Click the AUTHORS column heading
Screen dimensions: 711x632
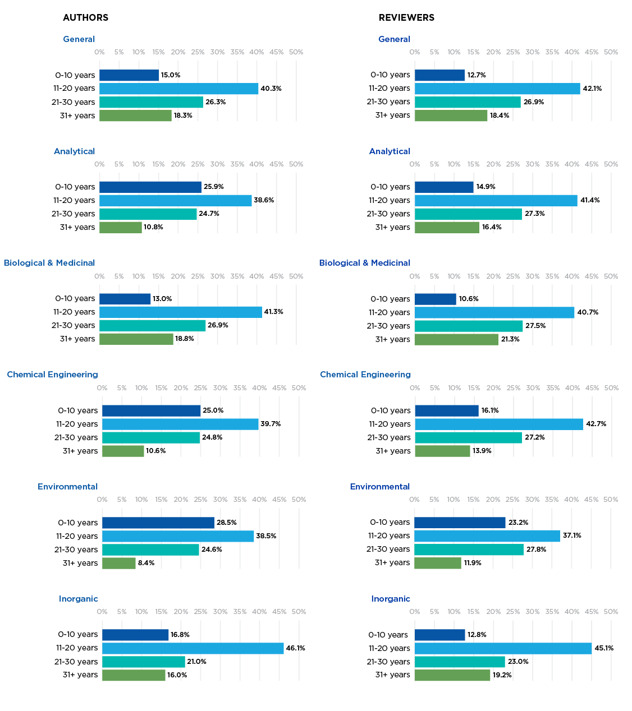(x=85, y=17)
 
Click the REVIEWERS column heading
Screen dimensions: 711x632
(x=406, y=17)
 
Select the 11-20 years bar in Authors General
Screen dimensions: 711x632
(x=178, y=89)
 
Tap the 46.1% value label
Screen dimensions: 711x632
(x=295, y=648)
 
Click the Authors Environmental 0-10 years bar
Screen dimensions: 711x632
(x=158, y=523)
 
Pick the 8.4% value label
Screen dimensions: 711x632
(x=146, y=563)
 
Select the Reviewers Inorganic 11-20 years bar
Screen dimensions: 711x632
(x=503, y=648)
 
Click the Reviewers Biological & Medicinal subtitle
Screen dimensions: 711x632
(x=364, y=263)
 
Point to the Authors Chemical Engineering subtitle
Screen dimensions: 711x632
(x=52, y=375)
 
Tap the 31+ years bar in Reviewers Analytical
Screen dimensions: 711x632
(x=447, y=227)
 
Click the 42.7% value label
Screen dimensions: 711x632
(x=596, y=424)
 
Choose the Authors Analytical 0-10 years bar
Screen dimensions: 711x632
(x=150, y=187)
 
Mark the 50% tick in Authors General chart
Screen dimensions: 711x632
(x=296, y=52)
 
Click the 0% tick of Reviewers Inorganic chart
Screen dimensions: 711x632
(x=415, y=612)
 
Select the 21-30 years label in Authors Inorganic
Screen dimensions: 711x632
(x=76, y=662)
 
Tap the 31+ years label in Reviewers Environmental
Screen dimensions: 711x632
(x=392, y=562)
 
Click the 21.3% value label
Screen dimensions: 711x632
(x=510, y=339)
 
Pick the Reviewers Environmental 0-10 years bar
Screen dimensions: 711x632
(x=460, y=523)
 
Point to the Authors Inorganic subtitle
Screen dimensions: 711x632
(x=78, y=599)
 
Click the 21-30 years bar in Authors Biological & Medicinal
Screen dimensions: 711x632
(x=152, y=325)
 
